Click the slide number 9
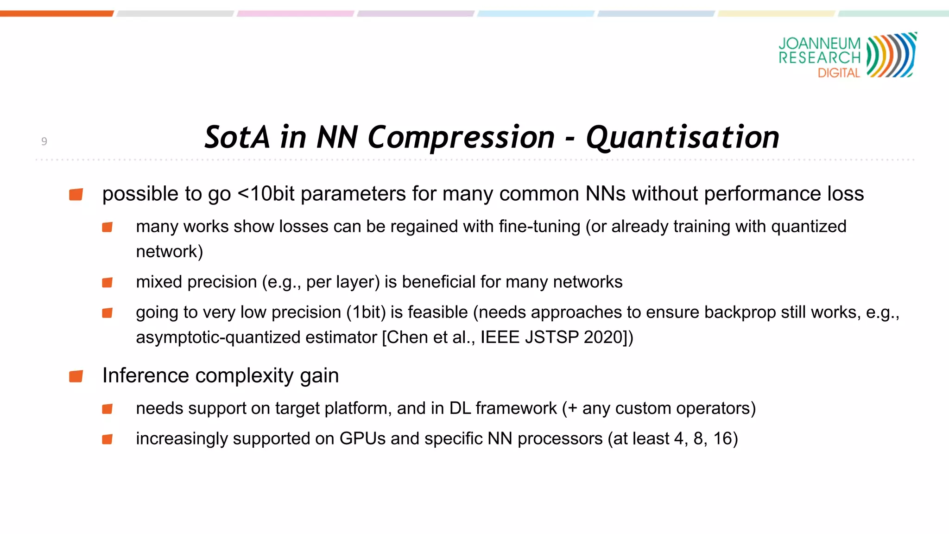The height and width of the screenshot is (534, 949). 44,141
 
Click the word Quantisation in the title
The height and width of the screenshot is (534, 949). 682,138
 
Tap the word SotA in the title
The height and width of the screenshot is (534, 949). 236,137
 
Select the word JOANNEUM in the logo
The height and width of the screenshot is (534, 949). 819,43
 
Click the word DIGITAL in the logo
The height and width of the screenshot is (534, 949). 838,73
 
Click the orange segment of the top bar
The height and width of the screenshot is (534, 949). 57,13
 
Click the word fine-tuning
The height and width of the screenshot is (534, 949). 539,227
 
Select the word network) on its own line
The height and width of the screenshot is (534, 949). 169,252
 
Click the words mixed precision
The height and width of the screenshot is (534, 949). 196,282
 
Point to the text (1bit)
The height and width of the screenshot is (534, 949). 366,312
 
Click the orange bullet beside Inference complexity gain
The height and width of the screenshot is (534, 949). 76,376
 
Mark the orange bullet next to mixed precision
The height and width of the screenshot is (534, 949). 107,282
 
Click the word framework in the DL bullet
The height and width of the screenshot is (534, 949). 516,408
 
